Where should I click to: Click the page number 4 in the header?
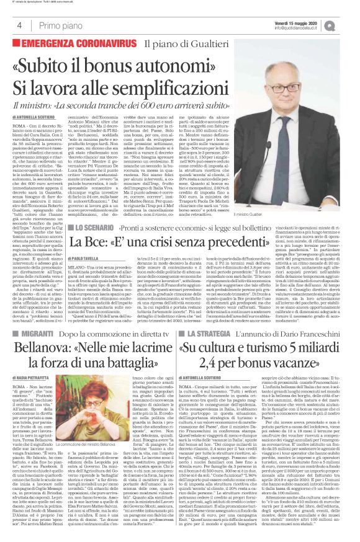pyautogui.click(x=20, y=25)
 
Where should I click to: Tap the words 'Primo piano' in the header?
pyautogui.click(x=53, y=25)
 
